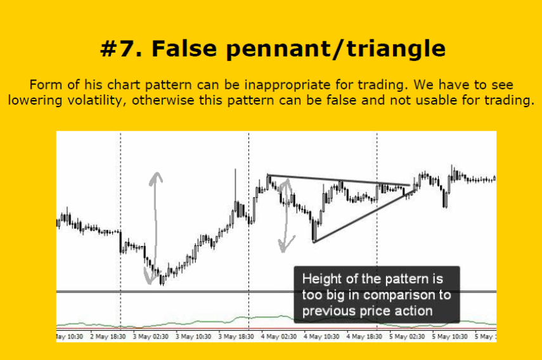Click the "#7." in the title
tap(121, 48)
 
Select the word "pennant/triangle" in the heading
tap(335, 49)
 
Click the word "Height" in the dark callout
tap(322, 279)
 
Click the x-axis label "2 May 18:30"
tap(108, 337)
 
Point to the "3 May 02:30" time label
tap(150, 337)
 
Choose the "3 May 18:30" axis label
tap(236, 337)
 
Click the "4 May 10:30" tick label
tap(321, 337)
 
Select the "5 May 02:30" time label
tap(407, 337)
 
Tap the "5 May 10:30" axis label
tap(449, 337)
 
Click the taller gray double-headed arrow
tap(155, 228)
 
